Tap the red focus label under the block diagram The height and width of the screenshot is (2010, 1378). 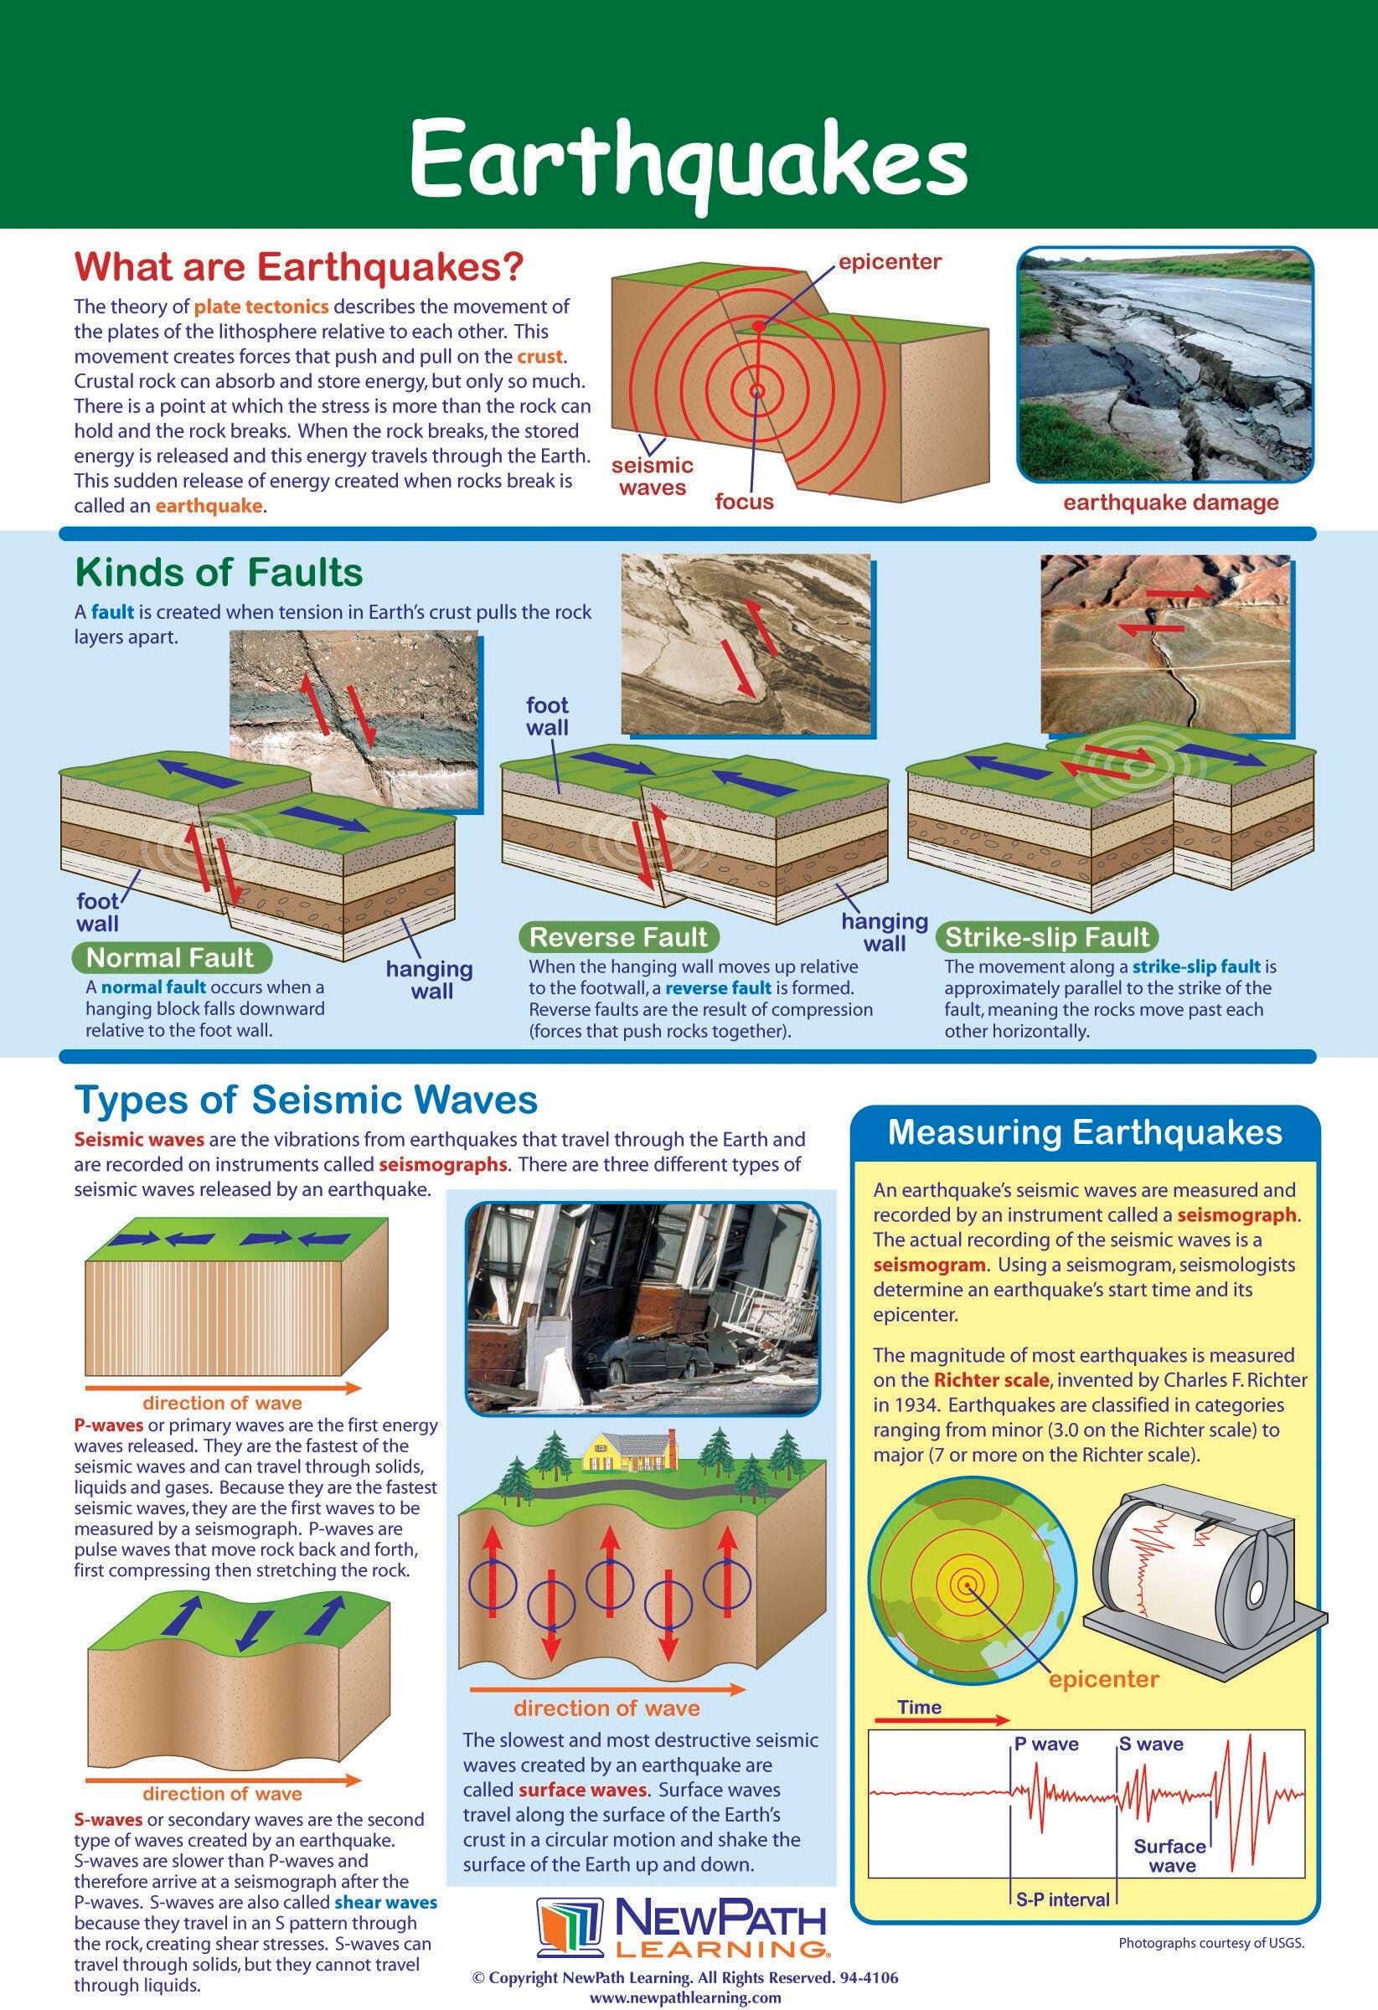(x=744, y=502)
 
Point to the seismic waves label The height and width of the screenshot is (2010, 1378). (x=653, y=477)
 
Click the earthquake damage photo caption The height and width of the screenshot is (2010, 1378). (x=1170, y=502)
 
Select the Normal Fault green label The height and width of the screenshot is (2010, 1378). (x=169, y=957)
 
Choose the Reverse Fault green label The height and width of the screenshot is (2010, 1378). (x=617, y=936)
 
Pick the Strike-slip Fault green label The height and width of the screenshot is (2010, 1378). (x=1046, y=936)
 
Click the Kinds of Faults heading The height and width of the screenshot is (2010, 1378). (x=219, y=573)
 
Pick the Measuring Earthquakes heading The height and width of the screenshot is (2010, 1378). (x=1085, y=1132)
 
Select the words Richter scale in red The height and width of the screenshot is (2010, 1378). (x=990, y=1379)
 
